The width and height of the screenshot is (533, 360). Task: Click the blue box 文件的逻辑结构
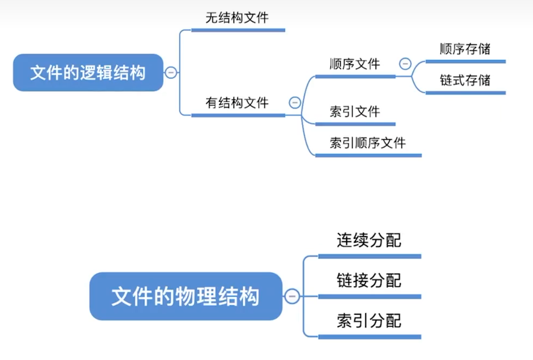tap(88, 73)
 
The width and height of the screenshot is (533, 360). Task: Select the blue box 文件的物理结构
tap(185, 297)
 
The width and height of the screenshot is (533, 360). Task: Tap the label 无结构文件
tap(237, 18)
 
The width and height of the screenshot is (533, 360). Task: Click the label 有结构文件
tap(237, 103)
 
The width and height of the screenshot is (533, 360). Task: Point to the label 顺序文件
tap(355, 64)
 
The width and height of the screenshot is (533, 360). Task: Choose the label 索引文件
tap(355, 112)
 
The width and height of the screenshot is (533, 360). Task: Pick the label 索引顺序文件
tap(367, 143)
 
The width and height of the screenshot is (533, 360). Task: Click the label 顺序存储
tap(465, 49)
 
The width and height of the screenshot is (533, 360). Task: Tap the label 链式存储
tap(465, 80)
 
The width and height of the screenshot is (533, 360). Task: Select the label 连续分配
tap(369, 240)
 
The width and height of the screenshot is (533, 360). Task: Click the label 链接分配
tap(369, 281)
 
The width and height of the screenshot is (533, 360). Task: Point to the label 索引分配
tap(369, 321)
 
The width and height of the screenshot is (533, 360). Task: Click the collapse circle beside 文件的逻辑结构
tap(170, 73)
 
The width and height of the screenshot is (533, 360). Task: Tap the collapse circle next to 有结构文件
tap(295, 103)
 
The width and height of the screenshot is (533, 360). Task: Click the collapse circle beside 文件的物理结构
tap(292, 297)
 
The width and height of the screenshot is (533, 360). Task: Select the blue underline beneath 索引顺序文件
tap(368, 155)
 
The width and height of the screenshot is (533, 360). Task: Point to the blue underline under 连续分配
tap(369, 256)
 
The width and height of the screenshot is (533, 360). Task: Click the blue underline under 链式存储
tap(465, 93)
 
